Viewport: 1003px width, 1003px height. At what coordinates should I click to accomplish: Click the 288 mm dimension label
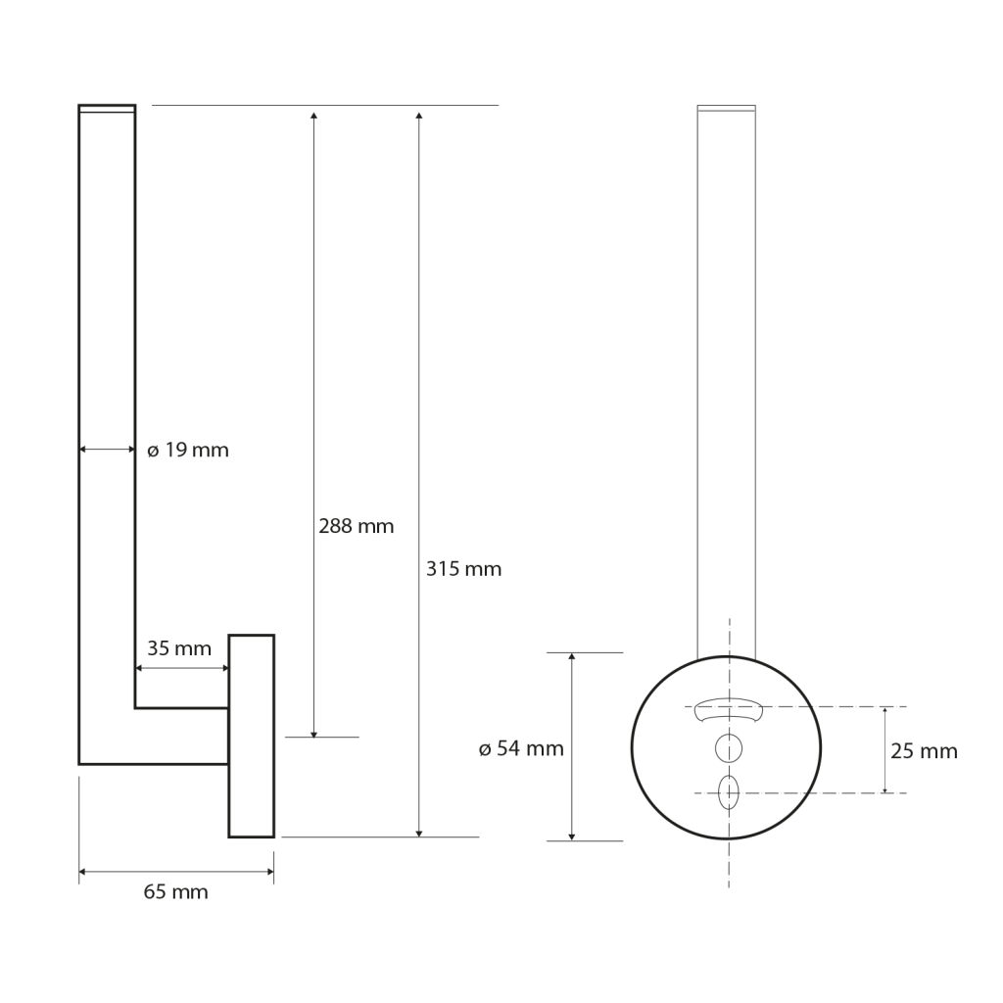click(x=357, y=526)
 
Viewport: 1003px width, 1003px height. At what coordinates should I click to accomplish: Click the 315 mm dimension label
click(x=463, y=569)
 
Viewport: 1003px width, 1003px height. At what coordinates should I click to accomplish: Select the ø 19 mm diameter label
click(x=188, y=451)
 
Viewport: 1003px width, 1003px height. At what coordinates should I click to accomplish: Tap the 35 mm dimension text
click(x=178, y=648)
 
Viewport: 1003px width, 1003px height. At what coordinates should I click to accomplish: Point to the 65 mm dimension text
click(x=176, y=892)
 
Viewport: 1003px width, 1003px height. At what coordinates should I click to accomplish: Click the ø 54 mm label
click(x=521, y=749)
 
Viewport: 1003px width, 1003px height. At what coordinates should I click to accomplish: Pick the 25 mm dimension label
click(x=924, y=751)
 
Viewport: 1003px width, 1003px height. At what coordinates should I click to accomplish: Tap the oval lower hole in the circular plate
click(x=729, y=792)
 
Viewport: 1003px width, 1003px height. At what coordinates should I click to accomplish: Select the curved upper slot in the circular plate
click(x=728, y=708)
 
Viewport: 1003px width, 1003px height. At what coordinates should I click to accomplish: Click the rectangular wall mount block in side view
click(x=252, y=737)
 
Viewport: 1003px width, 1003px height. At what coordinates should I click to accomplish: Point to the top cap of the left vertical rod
click(x=107, y=109)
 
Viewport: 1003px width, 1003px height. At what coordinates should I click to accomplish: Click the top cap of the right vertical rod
click(x=726, y=107)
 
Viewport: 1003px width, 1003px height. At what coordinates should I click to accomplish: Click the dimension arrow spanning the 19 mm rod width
click(x=107, y=450)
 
